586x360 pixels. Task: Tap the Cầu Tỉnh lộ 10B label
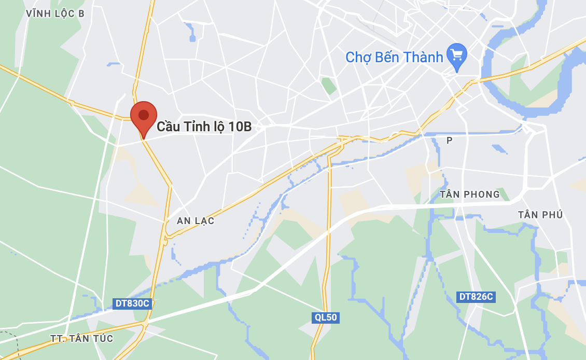[x=204, y=127]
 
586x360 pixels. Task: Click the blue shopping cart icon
[x=457, y=54]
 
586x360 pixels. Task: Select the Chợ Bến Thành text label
[x=394, y=57]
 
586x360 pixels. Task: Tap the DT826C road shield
[x=476, y=297]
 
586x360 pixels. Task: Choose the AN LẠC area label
[x=196, y=221]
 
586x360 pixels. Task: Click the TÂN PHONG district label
[x=470, y=195]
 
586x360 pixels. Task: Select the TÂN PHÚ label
[x=540, y=215]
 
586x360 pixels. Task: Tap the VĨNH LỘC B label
[x=55, y=14]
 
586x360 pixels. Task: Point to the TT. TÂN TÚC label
[x=82, y=339]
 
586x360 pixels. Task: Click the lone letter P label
[x=449, y=140]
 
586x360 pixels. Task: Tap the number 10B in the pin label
[x=240, y=127]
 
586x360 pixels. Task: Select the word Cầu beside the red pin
[x=168, y=127]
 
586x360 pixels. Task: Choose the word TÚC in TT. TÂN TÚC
[x=103, y=339]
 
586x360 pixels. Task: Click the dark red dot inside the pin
[x=144, y=115]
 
